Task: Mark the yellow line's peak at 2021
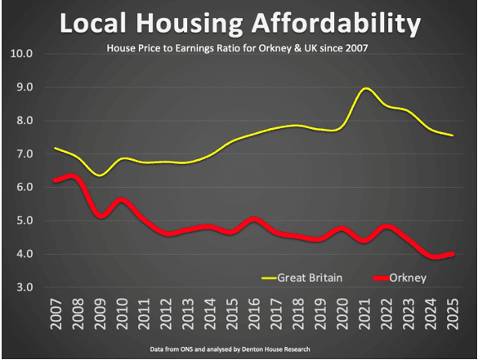coord(366,88)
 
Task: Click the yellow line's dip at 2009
coord(99,175)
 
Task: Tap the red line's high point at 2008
coord(74,176)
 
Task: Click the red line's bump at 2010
coord(122,200)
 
